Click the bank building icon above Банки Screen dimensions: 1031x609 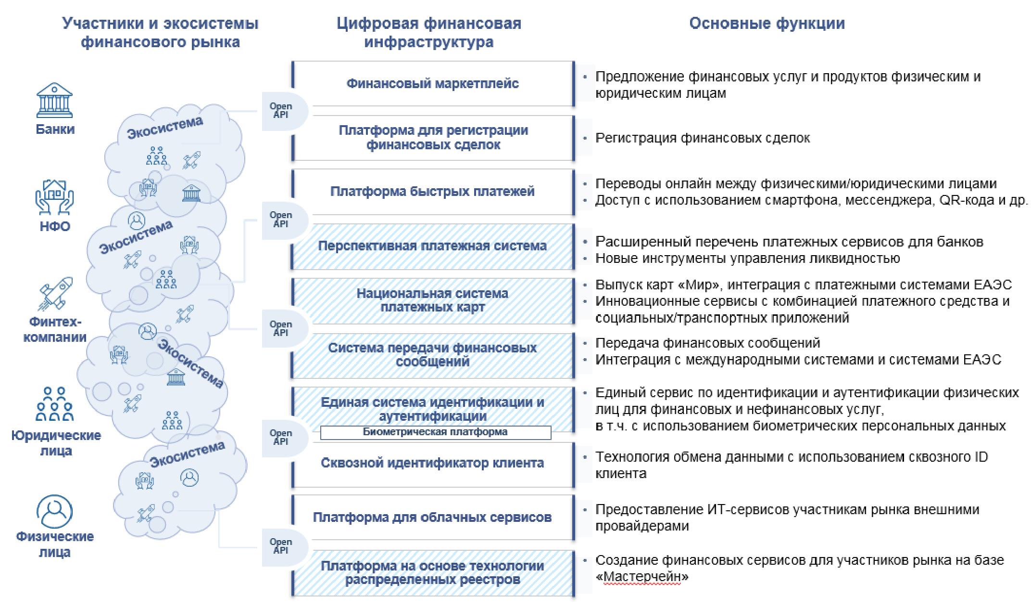54,100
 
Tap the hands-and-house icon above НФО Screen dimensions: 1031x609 54,197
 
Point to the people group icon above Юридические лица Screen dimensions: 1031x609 55,404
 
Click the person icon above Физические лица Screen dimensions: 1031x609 55,511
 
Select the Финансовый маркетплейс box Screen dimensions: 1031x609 433,84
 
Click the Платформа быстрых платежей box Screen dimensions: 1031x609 433,192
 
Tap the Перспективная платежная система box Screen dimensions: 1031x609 433,246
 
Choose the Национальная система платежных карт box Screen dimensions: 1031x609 433,300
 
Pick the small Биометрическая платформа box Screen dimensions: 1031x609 436,432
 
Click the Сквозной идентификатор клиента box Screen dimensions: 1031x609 433,463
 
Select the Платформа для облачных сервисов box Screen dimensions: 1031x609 433,518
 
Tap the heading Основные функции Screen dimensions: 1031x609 767,23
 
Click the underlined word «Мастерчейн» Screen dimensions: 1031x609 642,576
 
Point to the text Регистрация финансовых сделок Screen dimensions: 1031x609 703,138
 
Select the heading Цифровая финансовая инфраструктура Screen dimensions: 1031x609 429,32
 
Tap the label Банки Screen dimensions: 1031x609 55,129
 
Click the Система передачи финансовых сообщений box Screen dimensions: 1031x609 433,355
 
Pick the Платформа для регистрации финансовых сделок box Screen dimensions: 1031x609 433,138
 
